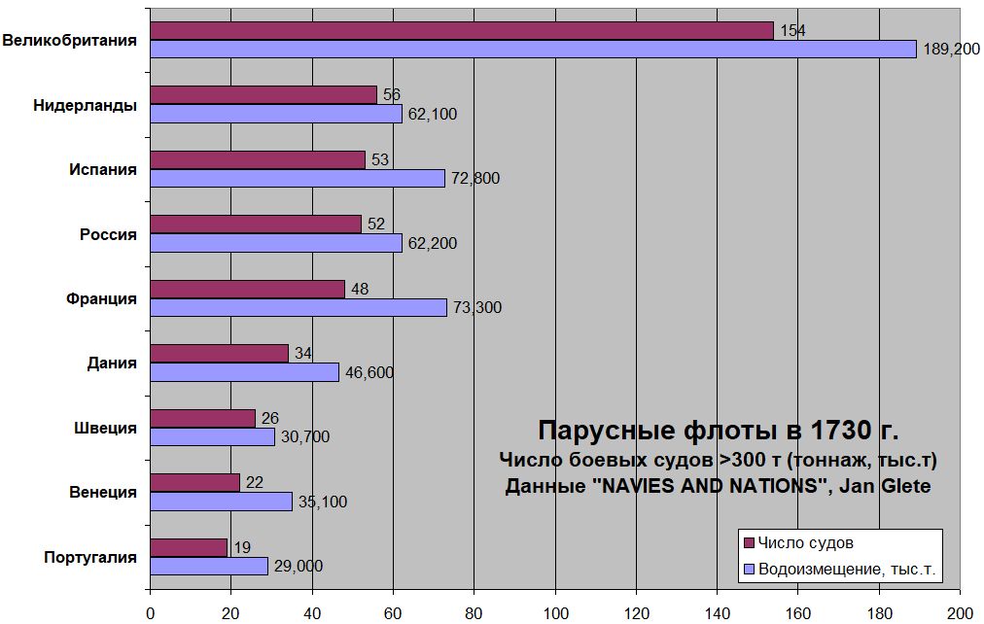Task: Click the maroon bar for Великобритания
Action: click(462, 31)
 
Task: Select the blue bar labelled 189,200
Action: click(533, 50)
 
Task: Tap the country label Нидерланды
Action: click(85, 105)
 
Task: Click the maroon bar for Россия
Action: click(256, 225)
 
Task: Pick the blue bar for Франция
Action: click(299, 307)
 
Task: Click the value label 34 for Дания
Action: click(302, 353)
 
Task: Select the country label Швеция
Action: click(105, 428)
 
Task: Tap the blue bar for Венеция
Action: click(221, 502)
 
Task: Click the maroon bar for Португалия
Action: click(189, 547)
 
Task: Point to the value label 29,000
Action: click(297, 567)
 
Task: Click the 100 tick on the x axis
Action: click(554, 612)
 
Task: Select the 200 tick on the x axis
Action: click(960, 612)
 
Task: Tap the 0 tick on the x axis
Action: click(150, 612)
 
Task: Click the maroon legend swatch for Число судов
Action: click(748, 543)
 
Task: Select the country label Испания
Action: click(102, 169)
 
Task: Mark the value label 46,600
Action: click(368, 372)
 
